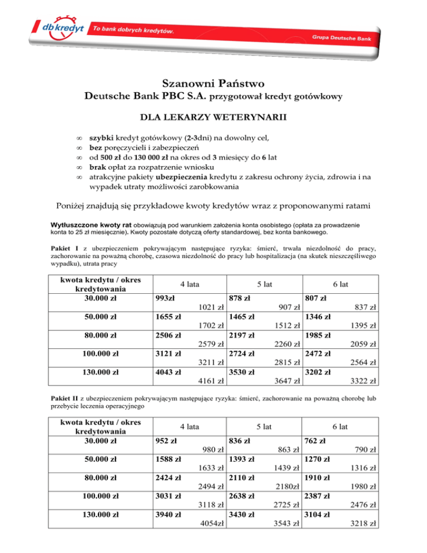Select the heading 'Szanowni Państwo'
[213, 84]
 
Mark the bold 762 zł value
[315, 441]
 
